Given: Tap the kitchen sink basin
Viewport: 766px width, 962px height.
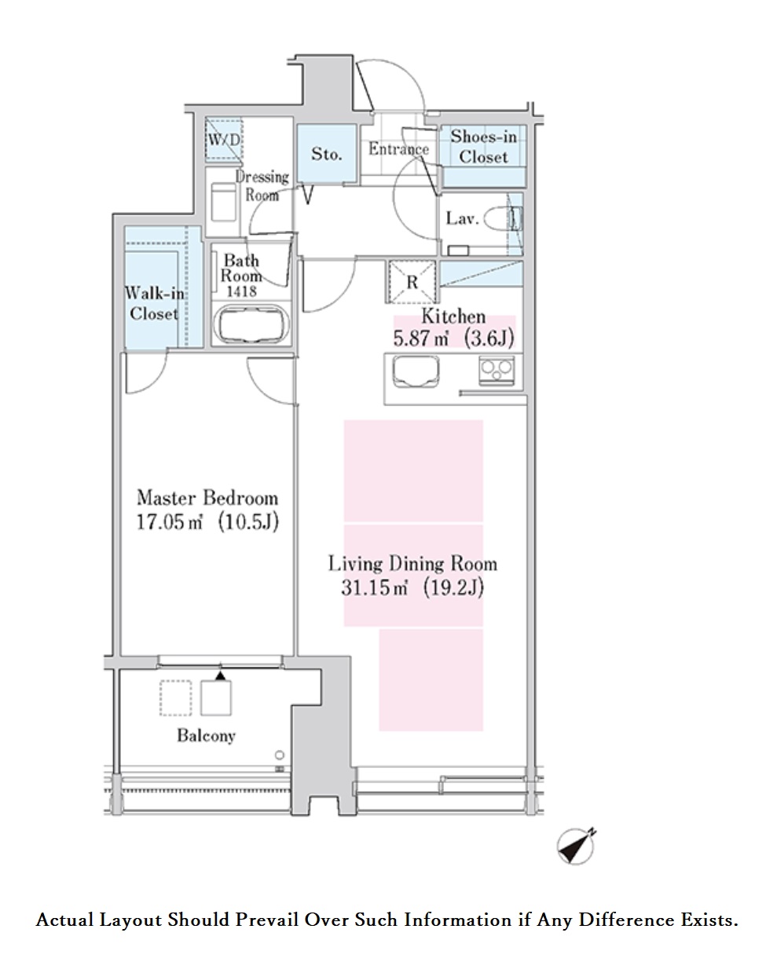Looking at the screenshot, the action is click(x=415, y=371).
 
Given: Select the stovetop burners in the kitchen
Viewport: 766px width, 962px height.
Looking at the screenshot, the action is click(x=496, y=370).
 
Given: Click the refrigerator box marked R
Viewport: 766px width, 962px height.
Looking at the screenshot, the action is click(x=412, y=282).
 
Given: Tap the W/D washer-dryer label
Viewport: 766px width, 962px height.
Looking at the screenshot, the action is click(x=224, y=140).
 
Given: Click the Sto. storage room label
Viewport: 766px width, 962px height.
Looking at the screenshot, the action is click(x=326, y=154).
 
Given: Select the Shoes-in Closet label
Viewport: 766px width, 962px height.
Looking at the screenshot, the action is click(x=483, y=146).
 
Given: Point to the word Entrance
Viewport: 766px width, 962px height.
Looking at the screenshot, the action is click(x=398, y=149).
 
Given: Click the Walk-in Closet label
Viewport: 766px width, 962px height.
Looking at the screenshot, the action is click(x=154, y=304).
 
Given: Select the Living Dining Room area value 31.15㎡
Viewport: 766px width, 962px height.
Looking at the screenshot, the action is click(x=375, y=587).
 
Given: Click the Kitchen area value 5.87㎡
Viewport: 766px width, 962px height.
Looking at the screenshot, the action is click(x=420, y=338).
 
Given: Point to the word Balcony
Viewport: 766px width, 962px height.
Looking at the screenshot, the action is click(x=206, y=735).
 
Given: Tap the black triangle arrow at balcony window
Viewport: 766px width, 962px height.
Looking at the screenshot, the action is click(x=220, y=675).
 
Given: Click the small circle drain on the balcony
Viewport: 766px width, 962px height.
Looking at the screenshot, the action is click(x=280, y=755).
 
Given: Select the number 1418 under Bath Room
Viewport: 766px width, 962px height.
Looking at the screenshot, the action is click(x=241, y=291).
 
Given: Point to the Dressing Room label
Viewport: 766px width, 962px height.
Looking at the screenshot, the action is click(x=262, y=186).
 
